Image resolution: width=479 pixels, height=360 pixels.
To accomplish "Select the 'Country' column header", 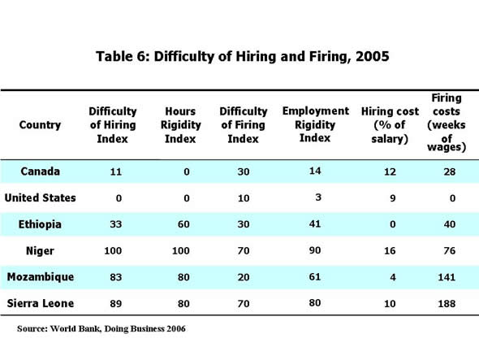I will click(x=40, y=125).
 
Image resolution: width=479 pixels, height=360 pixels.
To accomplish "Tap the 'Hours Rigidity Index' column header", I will click(x=180, y=125).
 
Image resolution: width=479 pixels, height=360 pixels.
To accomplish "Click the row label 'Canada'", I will click(x=40, y=172).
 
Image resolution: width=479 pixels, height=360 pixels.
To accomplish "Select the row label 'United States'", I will click(x=40, y=197).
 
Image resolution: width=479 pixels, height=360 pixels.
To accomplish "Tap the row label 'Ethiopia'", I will click(x=40, y=223).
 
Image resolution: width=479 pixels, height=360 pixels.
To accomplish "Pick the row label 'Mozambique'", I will click(x=40, y=277).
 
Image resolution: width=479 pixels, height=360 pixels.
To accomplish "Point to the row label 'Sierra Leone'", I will click(x=40, y=303).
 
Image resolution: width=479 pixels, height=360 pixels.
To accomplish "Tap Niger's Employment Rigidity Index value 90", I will click(x=311, y=249).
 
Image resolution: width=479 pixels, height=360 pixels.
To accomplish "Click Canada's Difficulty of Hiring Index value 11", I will click(x=113, y=172).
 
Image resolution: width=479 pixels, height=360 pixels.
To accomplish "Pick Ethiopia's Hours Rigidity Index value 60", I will click(x=180, y=223).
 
